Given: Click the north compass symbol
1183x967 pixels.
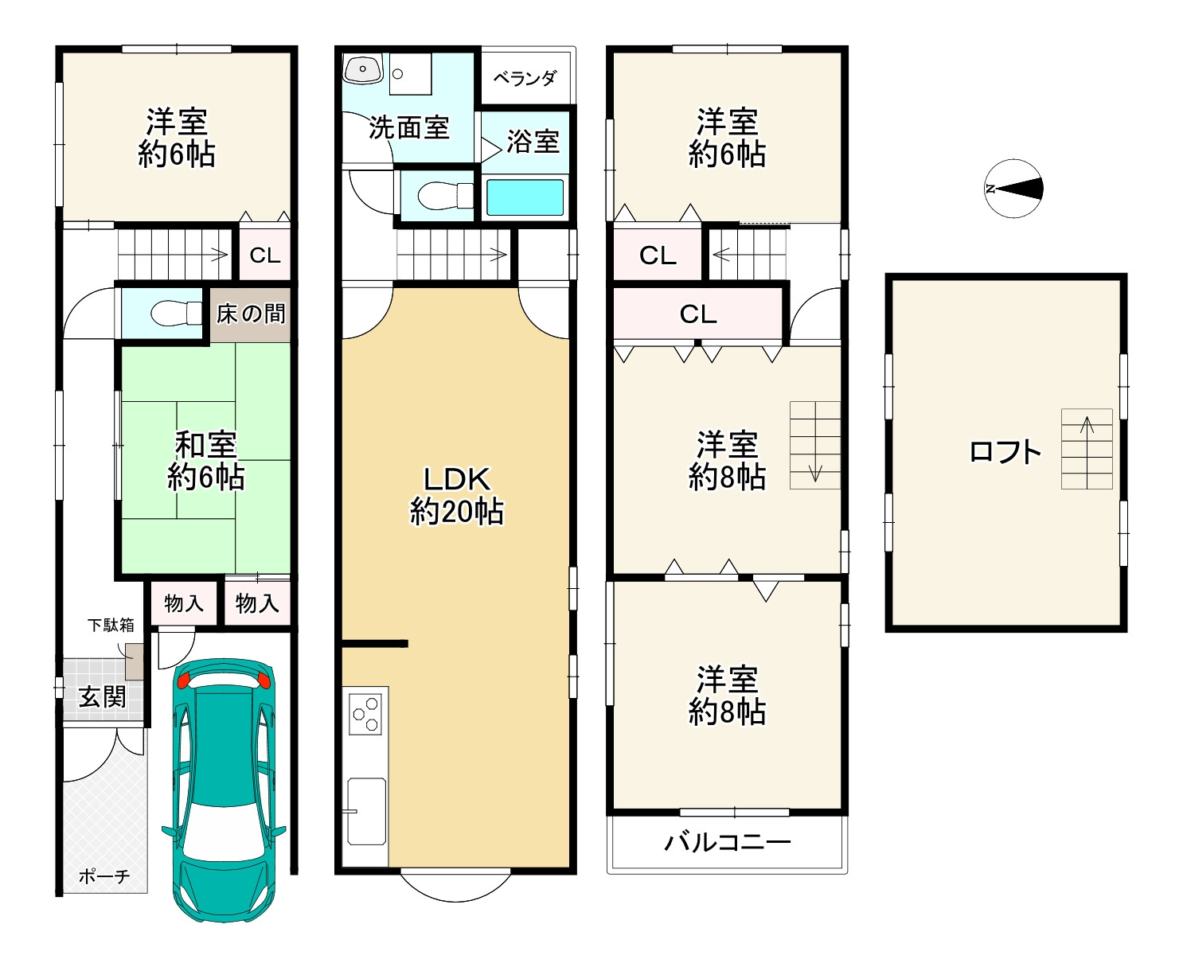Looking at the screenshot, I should point(1013,189).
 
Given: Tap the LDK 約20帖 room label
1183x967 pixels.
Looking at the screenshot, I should point(456,495).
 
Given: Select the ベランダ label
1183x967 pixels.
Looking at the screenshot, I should point(525,78).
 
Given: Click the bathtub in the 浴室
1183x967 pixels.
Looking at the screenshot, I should point(525,197).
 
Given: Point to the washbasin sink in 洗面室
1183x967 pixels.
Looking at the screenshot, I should point(363,69).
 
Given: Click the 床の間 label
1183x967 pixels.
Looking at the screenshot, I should point(251,314).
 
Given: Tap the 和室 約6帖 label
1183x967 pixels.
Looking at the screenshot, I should point(205,461).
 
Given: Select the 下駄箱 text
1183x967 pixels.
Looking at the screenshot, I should point(111,625).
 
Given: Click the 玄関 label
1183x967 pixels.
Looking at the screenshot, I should point(103,697).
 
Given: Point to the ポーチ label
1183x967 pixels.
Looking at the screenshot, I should point(103,876).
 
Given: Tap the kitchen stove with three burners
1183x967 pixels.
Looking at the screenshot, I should point(366,713).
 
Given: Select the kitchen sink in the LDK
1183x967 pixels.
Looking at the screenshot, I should point(366,810).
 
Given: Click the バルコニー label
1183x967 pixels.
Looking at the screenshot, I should point(727,842).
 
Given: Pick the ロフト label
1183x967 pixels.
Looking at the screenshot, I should point(1005,452).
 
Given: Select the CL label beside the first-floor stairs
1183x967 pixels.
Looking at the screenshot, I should point(265,255).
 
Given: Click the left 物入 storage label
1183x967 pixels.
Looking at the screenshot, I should point(183,603).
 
